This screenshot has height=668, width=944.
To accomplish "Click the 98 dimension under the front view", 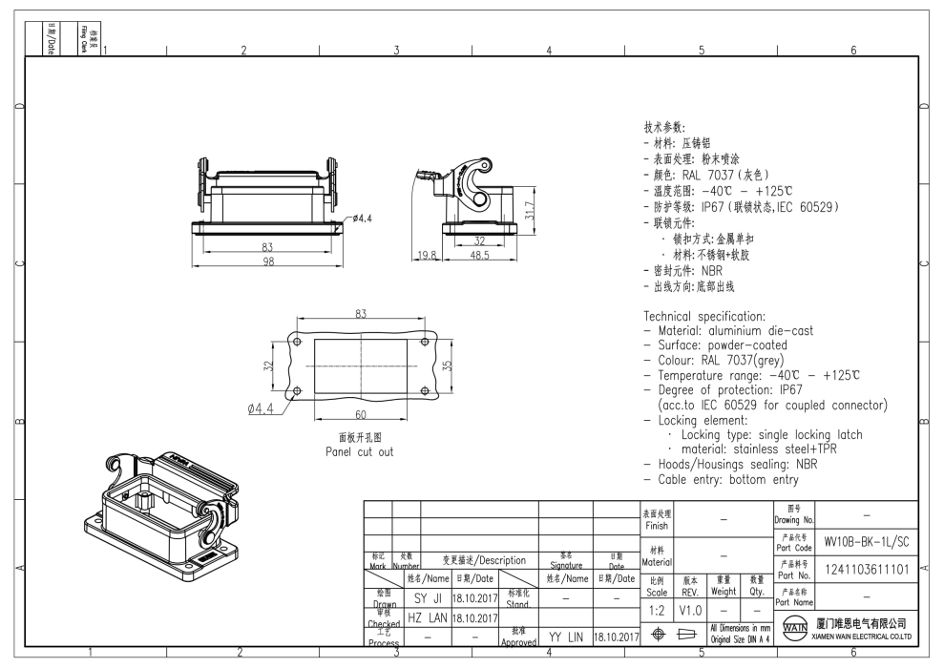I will (269, 261).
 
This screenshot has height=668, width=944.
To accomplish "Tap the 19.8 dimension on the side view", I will (426, 256).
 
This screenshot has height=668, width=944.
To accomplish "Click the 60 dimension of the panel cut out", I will (360, 415).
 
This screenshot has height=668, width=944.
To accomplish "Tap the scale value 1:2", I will (656, 609).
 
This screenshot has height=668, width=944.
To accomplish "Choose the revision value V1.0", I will (690, 609).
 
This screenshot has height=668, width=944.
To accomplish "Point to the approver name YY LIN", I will (566, 635).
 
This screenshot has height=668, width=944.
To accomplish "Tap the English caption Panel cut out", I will (359, 451).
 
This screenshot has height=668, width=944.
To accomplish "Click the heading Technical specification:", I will (704, 316).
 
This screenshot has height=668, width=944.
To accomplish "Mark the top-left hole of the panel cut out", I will (297, 342).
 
